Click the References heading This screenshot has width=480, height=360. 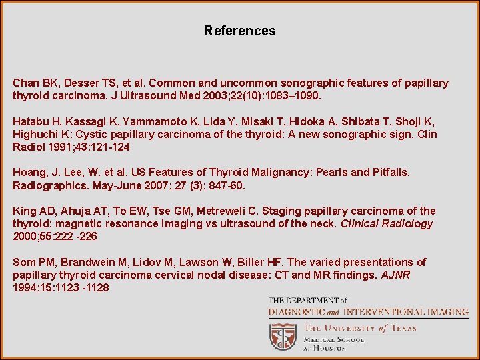[239, 31]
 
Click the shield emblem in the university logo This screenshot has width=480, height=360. [283, 337]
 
